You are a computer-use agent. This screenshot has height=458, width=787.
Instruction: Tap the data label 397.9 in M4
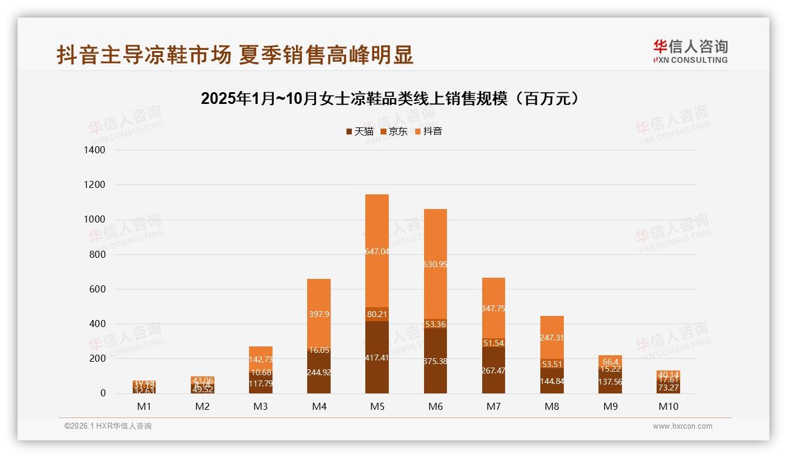pyautogui.click(x=318, y=314)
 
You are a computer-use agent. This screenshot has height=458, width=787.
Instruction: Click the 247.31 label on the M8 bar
pyautogui.click(x=551, y=338)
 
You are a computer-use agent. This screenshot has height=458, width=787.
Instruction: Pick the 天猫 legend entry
pyautogui.click(x=360, y=132)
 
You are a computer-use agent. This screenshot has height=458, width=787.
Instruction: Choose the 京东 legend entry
pyautogui.click(x=394, y=132)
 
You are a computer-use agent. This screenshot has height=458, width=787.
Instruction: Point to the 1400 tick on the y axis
pyautogui.click(x=95, y=150)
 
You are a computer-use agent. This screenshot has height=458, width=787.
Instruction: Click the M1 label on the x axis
pyautogui.click(x=144, y=406)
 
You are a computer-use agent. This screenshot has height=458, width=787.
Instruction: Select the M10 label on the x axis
pyautogui.click(x=668, y=406)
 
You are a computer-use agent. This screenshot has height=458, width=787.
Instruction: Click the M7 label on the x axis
pyautogui.click(x=493, y=406)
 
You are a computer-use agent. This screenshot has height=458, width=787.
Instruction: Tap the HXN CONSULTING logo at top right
pyautogui.click(x=690, y=52)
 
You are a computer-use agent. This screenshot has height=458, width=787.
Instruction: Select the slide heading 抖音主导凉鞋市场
pyautogui.click(x=235, y=55)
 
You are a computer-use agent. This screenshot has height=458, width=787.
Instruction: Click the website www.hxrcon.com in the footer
pyautogui.click(x=682, y=426)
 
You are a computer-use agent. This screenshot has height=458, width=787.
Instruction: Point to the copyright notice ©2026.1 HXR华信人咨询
pyautogui.click(x=108, y=426)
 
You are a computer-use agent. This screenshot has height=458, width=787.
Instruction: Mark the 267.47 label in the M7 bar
pyautogui.click(x=493, y=371)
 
